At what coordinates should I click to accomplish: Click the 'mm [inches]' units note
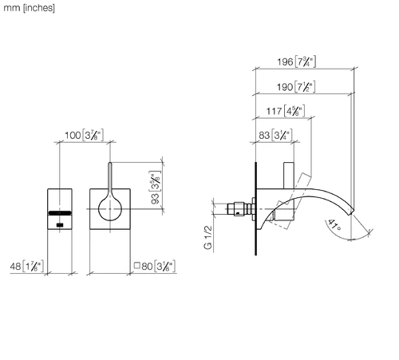[x=29, y=8]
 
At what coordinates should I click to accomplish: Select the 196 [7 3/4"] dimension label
[x=297, y=62]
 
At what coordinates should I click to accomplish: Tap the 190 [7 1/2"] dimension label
[x=296, y=87]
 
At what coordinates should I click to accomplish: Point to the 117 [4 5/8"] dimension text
[x=286, y=111]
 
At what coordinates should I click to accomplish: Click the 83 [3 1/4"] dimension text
[x=275, y=135]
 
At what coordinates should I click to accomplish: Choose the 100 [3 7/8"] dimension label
[x=84, y=135]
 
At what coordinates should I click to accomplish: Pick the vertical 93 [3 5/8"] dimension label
[x=155, y=188]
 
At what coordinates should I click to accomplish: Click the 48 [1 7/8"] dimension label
[x=27, y=267]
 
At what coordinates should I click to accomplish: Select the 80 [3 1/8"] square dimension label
[x=155, y=266]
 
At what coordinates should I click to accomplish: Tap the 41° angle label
[x=334, y=225]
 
